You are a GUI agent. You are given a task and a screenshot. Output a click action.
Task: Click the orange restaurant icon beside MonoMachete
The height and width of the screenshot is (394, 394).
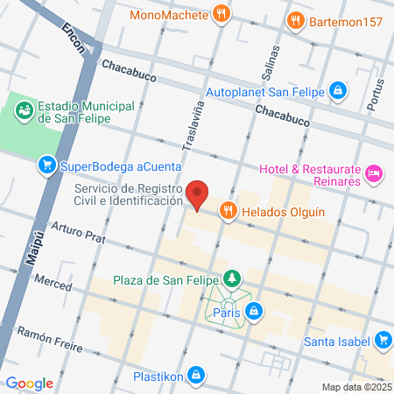222,14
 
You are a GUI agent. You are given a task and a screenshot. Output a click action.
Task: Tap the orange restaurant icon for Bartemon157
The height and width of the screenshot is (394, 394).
297,20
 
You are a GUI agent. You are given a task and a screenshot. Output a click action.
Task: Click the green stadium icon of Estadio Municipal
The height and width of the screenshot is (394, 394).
25,112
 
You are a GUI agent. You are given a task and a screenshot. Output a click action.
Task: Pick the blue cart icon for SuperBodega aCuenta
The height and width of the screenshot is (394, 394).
46,165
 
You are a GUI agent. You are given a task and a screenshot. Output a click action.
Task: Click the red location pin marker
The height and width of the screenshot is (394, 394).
199,194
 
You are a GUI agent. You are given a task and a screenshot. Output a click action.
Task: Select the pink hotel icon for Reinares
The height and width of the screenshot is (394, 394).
374,174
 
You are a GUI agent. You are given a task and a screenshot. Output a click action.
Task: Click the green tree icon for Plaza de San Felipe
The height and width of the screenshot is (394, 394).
232,279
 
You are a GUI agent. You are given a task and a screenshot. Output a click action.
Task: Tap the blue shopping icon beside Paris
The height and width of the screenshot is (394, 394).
253,309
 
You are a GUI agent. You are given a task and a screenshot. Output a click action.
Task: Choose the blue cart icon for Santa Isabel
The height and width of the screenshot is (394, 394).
382,341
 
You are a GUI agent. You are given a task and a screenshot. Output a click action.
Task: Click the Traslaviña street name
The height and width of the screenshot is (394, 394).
189,127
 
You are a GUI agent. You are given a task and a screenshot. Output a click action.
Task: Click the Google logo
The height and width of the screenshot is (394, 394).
29,383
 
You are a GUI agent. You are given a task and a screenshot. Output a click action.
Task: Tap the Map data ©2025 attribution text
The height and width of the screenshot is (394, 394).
355,387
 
